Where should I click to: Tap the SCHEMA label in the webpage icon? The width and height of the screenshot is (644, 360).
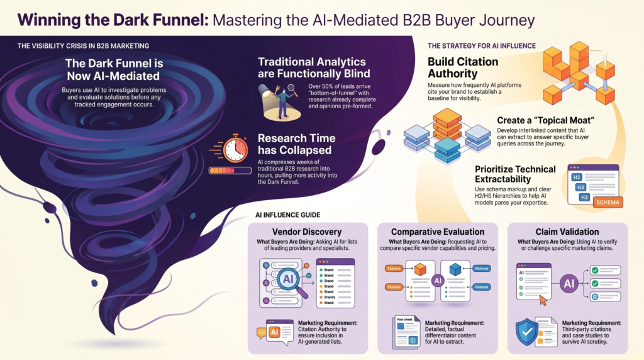[x=606, y=202]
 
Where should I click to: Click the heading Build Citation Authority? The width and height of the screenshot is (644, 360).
[x=463, y=68]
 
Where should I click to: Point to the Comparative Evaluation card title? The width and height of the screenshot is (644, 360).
[x=437, y=231]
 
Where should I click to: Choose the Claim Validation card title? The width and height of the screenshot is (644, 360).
[x=567, y=231]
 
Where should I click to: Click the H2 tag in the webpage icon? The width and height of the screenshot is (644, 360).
[x=576, y=177]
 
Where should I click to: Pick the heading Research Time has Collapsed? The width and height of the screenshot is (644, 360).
[x=296, y=144]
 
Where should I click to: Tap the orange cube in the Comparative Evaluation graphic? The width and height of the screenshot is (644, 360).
[x=419, y=269]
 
